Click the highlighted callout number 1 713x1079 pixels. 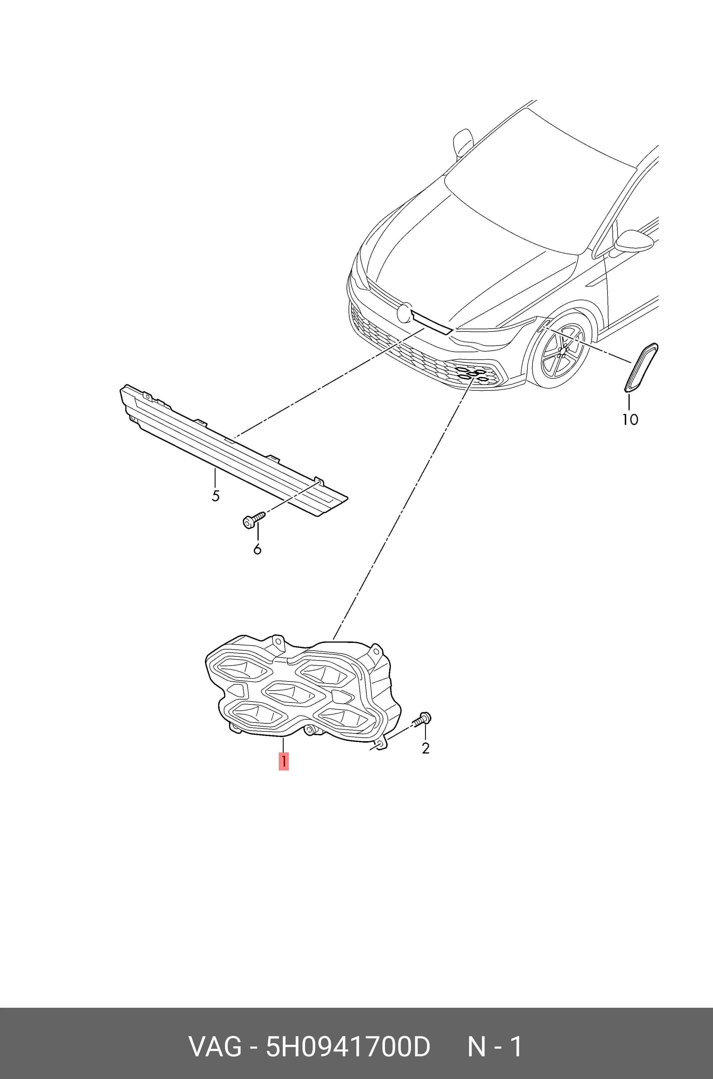(x=283, y=761)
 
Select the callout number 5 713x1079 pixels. (x=216, y=496)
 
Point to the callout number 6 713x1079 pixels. (x=257, y=549)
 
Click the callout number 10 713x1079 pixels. (x=630, y=419)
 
